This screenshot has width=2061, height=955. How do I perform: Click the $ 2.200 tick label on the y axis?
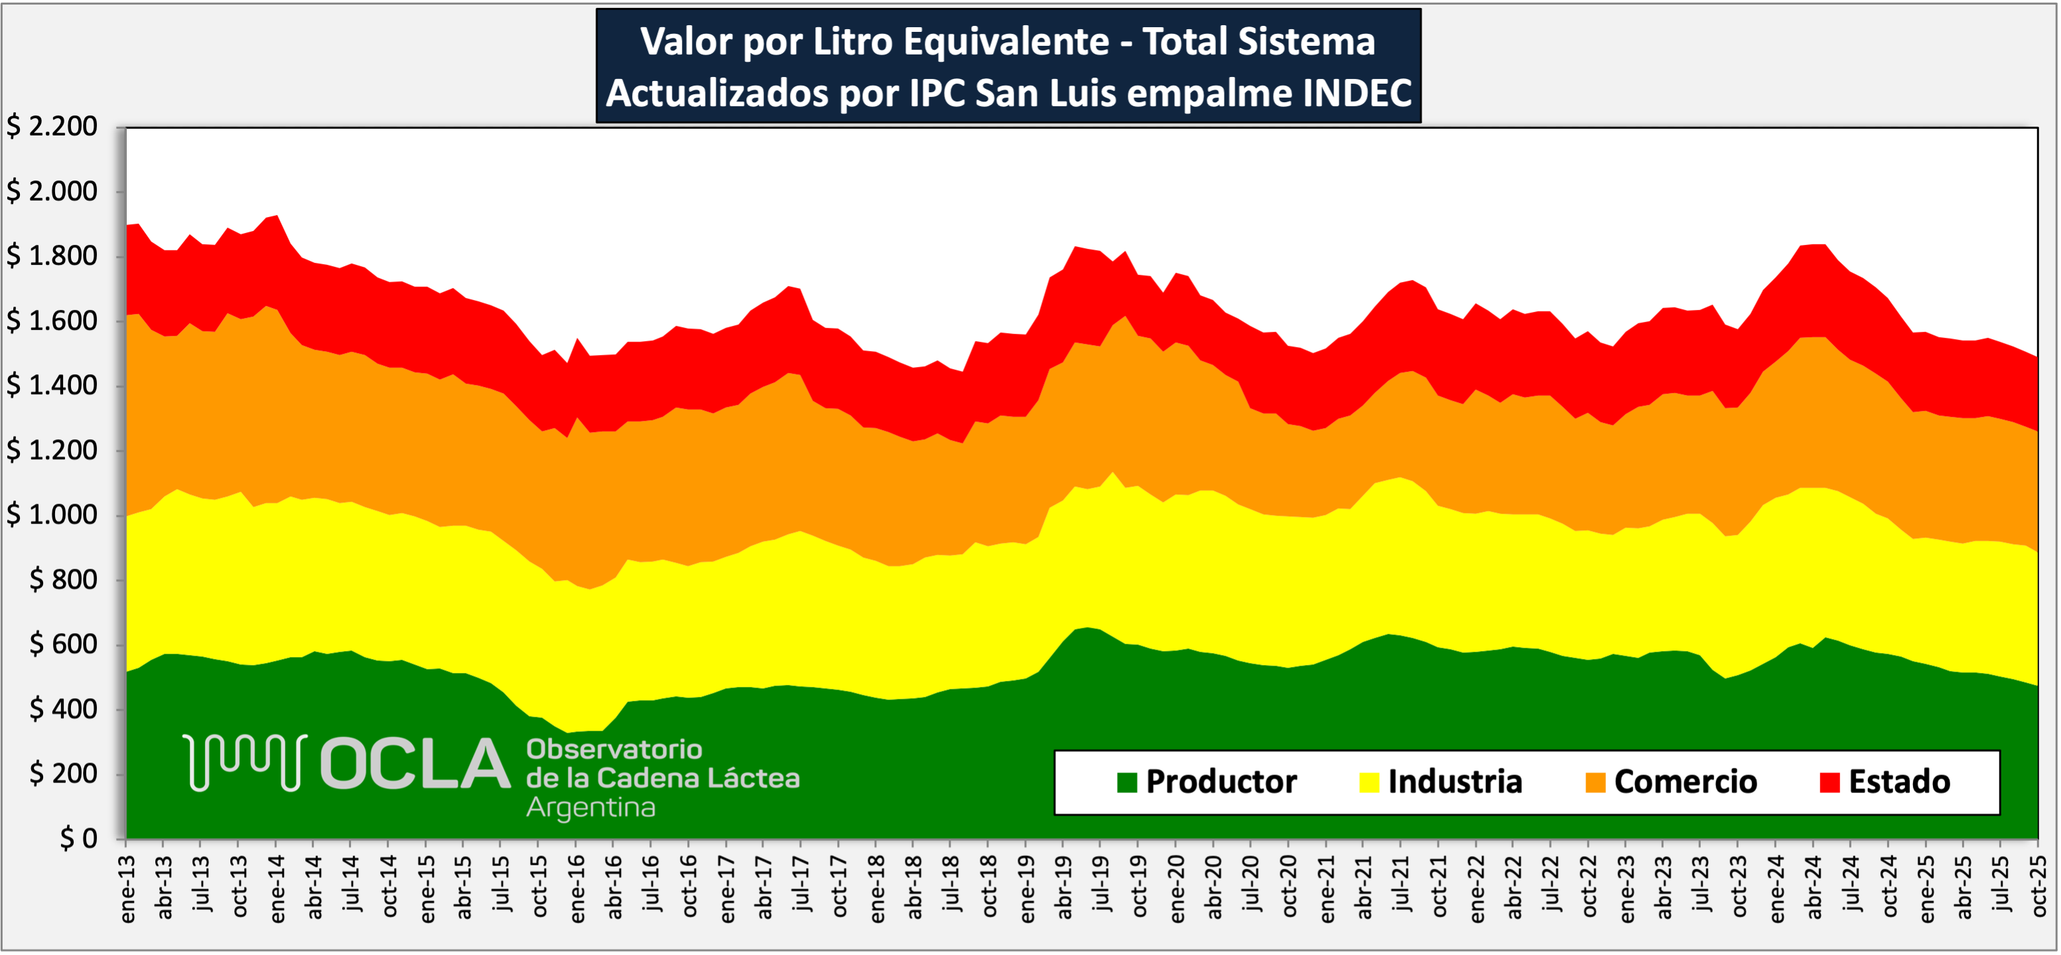[52, 127]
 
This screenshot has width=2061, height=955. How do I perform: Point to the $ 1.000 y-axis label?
[52, 515]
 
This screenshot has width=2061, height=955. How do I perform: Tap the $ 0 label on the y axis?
[78, 838]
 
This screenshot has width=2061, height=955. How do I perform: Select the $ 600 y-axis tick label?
[63, 644]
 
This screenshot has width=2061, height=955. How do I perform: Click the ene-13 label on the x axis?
[128, 889]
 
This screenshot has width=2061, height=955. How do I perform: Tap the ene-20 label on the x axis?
[1177, 889]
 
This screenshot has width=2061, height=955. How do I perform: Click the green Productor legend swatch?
[1127, 782]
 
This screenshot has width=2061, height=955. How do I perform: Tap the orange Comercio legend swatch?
[1595, 782]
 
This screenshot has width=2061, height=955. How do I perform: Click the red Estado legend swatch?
[1829, 782]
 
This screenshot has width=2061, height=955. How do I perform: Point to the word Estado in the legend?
[1899, 782]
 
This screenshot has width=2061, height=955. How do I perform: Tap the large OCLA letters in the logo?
[415, 764]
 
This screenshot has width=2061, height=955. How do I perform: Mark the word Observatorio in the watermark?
[614, 749]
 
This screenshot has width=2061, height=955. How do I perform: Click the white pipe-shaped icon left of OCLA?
[245, 762]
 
